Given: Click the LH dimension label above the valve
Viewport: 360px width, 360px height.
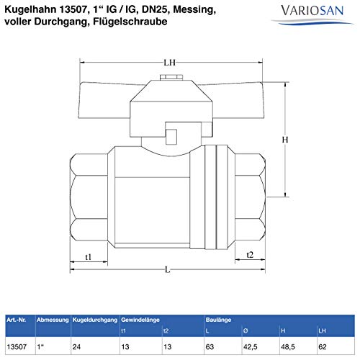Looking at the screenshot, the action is pyautogui.click(x=169, y=63).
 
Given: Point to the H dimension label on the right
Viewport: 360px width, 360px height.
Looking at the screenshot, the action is pyautogui.click(x=285, y=140).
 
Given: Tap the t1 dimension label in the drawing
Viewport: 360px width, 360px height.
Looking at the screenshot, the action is pyautogui.click(x=89, y=257).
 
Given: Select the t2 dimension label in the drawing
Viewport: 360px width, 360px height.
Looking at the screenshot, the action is pyautogui.click(x=250, y=255).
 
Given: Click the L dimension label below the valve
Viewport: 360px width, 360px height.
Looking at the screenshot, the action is pyautogui.click(x=168, y=270).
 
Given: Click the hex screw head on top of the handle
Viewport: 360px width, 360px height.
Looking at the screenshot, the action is pyautogui.click(x=171, y=77).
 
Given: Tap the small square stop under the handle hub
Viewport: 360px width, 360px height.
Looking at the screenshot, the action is pyautogui.click(x=171, y=137).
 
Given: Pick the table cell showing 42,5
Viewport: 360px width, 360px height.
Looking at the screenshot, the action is pyautogui.click(x=250, y=346).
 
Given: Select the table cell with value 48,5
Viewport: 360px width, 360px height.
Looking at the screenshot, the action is pyautogui.click(x=288, y=346).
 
